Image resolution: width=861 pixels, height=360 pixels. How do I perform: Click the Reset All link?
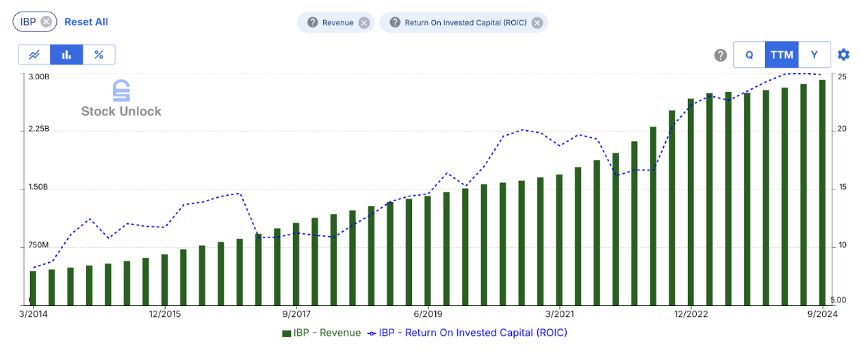tap(86, 22)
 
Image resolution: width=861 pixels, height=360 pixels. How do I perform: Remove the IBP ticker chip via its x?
tap(46, 22)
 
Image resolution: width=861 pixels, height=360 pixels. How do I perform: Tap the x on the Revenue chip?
tap(364, 23)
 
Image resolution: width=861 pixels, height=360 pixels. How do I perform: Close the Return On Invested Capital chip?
tap(537, 23)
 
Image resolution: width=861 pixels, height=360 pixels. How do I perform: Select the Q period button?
tap(749, 55)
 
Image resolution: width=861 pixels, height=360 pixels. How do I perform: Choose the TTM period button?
tap(782, 55)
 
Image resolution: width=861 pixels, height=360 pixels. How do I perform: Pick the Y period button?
tap(814, 55)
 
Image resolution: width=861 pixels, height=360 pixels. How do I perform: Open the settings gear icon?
tap(843, 55)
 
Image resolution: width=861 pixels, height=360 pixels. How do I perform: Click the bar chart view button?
tap(67, 55)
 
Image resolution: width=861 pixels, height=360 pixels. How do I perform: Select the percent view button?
tap(99, 55)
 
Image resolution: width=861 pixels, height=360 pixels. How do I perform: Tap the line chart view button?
tap(34, 55)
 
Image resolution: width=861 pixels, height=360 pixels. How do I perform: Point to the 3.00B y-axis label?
tap(38, 77)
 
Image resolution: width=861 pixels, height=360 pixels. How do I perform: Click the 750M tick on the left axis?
tap(38, 245)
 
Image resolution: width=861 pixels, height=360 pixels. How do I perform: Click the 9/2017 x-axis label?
tap(296, 314)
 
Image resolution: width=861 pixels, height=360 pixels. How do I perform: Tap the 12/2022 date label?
tap(691, 314)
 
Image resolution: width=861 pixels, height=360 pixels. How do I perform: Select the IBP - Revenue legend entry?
tap(321, 333)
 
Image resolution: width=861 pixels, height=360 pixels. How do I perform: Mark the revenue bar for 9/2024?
tap(822, 192)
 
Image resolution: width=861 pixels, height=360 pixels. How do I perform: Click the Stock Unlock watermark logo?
tap(121, 99)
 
